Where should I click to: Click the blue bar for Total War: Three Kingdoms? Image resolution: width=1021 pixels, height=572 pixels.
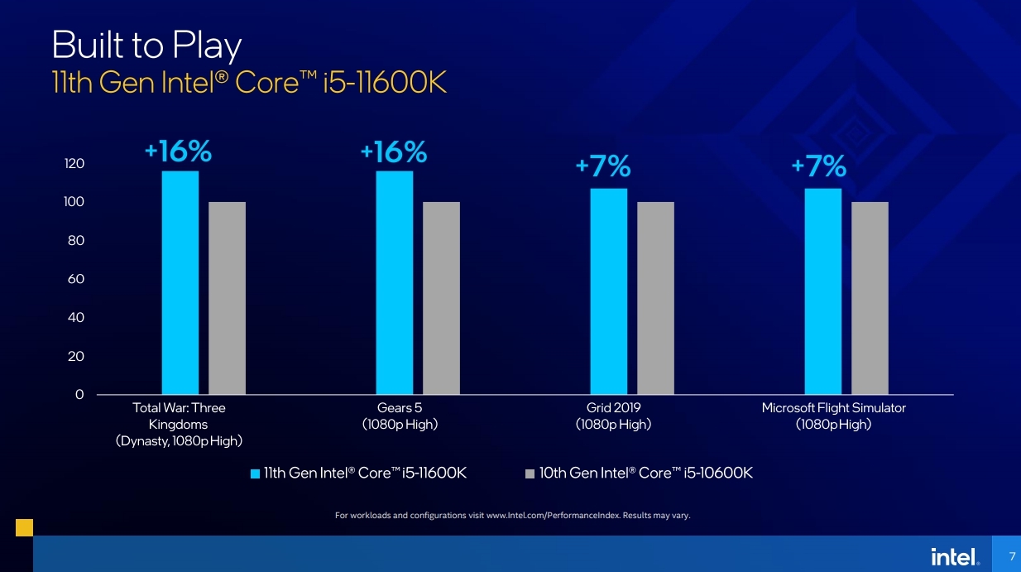point(180,282)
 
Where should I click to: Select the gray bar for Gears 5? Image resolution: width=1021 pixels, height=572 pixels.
point(441,298)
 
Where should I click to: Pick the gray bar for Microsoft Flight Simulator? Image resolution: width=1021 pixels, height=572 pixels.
point(870,298)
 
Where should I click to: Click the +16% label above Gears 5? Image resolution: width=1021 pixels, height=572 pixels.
point(394,152)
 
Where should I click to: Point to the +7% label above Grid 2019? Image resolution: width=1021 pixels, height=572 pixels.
point(603,167)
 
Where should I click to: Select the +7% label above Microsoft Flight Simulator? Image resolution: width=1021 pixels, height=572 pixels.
point(818,167)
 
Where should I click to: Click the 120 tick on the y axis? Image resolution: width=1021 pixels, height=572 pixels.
point(74,164)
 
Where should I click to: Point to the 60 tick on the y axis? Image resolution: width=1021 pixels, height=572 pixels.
point(76,279)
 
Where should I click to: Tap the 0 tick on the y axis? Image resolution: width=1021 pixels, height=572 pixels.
point(79,395)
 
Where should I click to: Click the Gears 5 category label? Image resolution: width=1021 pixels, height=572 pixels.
point(400,416)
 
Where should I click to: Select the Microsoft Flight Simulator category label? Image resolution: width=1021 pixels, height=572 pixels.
point(833,416)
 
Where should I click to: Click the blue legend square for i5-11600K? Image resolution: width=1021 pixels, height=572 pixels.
point(256,474)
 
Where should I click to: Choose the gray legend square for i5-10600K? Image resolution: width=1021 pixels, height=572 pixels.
point(530,474)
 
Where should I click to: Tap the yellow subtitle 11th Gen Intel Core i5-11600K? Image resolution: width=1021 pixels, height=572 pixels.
point(248,84)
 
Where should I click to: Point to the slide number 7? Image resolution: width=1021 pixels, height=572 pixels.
point(1012,555)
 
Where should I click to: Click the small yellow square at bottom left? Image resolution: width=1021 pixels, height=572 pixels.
point(24,528)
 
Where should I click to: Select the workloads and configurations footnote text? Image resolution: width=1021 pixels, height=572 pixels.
point(512,516)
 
